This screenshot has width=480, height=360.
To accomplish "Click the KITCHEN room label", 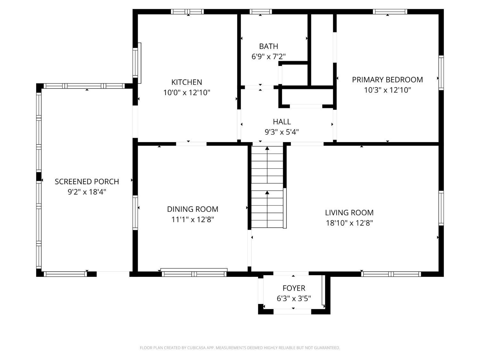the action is (187, 82).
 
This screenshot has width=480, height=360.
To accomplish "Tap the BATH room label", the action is (268, 46).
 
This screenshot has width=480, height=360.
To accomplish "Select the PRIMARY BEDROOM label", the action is (387, 80).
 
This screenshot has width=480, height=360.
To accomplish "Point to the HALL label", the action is (282, 122).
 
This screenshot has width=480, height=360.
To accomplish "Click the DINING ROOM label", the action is (192, 209).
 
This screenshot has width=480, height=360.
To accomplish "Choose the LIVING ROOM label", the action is (349, 213).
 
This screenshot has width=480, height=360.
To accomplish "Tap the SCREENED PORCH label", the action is (87, 182).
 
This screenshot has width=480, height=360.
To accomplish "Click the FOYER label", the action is (294, 288).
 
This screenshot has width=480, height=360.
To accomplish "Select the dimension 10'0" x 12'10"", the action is (187, 93).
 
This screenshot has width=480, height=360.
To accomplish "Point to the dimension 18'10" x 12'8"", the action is (349, 223).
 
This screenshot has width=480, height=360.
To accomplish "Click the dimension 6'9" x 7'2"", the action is (268, 57).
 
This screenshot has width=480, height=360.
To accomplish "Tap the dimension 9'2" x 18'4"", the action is (87, 192).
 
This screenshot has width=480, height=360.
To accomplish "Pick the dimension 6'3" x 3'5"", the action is (294, 299).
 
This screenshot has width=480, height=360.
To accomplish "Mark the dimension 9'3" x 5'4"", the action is (282, 132).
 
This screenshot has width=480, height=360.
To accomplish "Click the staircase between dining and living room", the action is (267, 187).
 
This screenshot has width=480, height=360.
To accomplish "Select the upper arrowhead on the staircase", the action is (267, 148).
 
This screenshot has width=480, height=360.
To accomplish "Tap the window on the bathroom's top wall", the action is (261, 12).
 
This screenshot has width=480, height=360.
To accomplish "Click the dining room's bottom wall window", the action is (194, 274).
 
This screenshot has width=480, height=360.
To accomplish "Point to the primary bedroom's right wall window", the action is (441, 73).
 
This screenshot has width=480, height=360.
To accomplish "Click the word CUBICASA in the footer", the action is (196, 348).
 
